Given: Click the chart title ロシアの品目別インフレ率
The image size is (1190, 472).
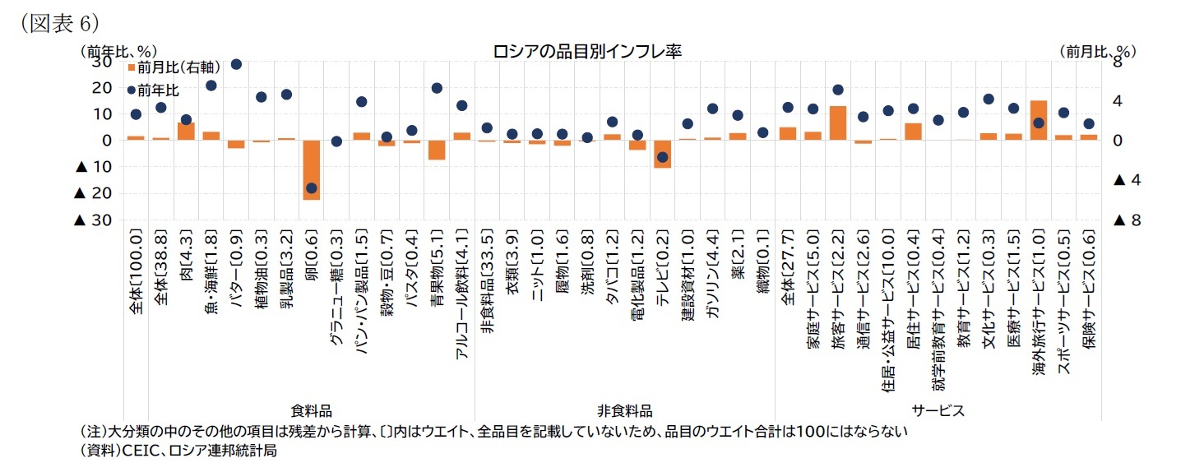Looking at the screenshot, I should (587, 51).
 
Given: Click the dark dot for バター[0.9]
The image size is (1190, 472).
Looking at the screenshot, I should (236, 64).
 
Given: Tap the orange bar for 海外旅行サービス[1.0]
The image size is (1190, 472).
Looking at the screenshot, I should (1038, 120).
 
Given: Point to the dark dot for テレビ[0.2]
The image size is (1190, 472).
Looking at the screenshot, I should (662, 157).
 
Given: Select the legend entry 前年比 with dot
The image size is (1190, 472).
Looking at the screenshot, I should (153, 90).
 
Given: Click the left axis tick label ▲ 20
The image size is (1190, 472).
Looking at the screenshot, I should (93, 193).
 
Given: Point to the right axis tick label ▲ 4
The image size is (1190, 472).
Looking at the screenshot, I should (1129, 180).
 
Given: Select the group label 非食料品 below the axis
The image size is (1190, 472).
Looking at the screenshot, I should (624, 410).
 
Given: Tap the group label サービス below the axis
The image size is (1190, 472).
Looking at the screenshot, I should (938, 410).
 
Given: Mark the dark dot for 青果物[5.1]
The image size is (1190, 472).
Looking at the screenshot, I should (437, 88).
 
